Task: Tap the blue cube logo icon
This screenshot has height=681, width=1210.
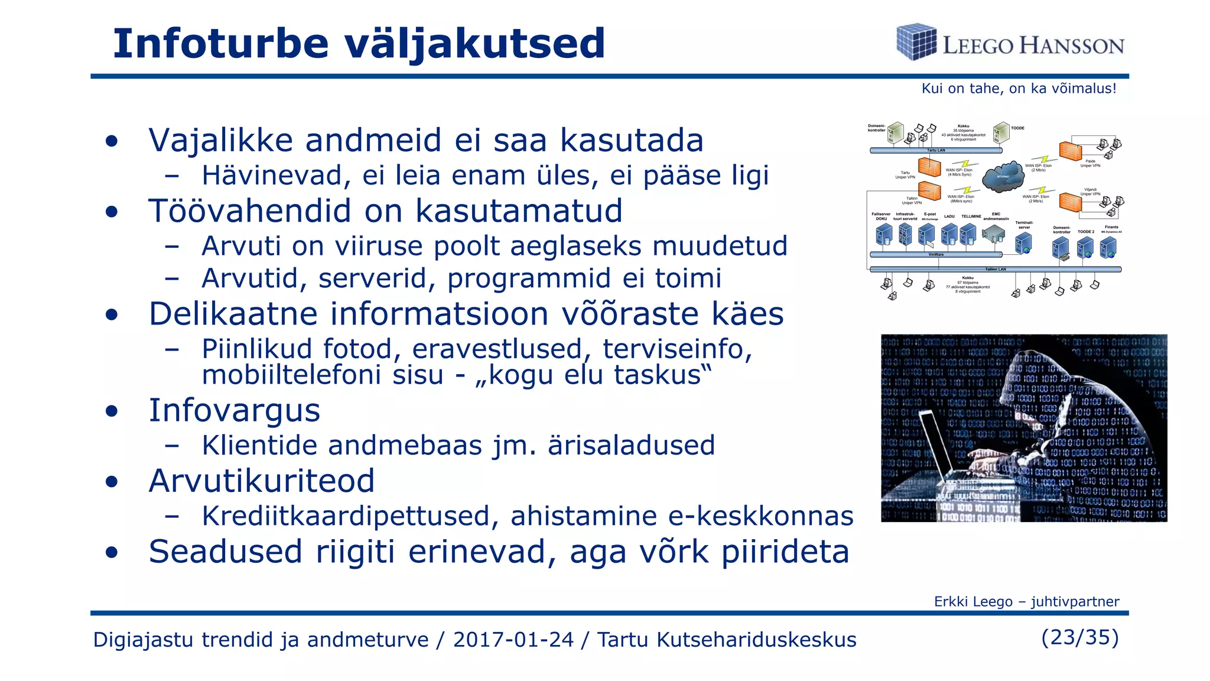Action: click(916, 41)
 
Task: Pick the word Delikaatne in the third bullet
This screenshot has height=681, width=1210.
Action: click(233, 314)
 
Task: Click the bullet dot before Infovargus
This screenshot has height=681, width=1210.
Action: click(111, 411)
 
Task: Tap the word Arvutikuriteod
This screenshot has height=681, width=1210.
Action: click(262, 481)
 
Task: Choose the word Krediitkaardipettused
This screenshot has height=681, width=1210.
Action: click(346, 516)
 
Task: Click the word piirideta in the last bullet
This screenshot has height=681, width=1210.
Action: click(786, 552)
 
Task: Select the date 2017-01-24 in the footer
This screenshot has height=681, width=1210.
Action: click(513, 640)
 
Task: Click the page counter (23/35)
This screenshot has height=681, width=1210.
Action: click(1079, 637)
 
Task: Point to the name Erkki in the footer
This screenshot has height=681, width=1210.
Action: click(952, 602)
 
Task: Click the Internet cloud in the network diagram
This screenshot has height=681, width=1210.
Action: click(1003, 176)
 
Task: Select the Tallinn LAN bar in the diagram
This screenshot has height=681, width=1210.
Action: click(995, 269)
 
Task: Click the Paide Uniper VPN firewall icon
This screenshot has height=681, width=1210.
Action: click(1070, 151)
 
